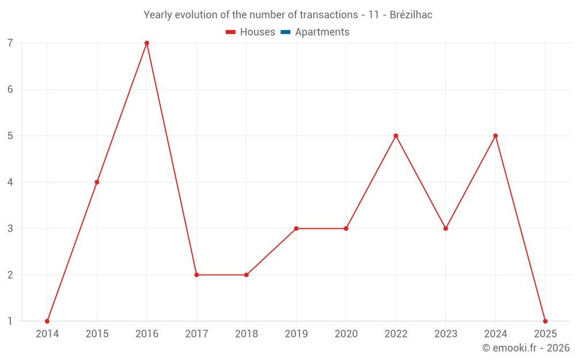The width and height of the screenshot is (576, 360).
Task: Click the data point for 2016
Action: (147, 43)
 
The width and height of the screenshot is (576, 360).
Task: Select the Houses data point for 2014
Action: (47, 321)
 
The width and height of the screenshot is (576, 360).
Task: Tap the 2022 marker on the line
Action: (396, 136)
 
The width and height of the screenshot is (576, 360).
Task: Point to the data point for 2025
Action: (545, 321)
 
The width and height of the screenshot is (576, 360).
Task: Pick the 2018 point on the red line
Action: (247, 275)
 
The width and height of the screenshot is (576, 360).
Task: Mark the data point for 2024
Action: (495, 136)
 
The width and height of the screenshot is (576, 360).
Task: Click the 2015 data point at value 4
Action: (97, 182)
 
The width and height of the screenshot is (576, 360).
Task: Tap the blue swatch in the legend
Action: (285, 32)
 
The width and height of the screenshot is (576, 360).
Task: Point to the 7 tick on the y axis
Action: (10, 43)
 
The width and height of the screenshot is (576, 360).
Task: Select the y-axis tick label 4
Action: (10, 182)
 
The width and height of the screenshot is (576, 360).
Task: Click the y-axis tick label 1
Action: (10, 321)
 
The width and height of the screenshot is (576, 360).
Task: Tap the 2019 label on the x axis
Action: (296, 334)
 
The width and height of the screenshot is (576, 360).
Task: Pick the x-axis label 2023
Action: (446, 334)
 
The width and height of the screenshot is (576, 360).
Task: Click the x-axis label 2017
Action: (196, 334)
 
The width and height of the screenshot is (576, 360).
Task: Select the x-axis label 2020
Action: (346, 334)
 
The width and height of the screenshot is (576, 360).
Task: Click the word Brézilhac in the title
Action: (411, 15)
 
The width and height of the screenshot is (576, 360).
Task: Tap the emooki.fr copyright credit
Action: (526, 347)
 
